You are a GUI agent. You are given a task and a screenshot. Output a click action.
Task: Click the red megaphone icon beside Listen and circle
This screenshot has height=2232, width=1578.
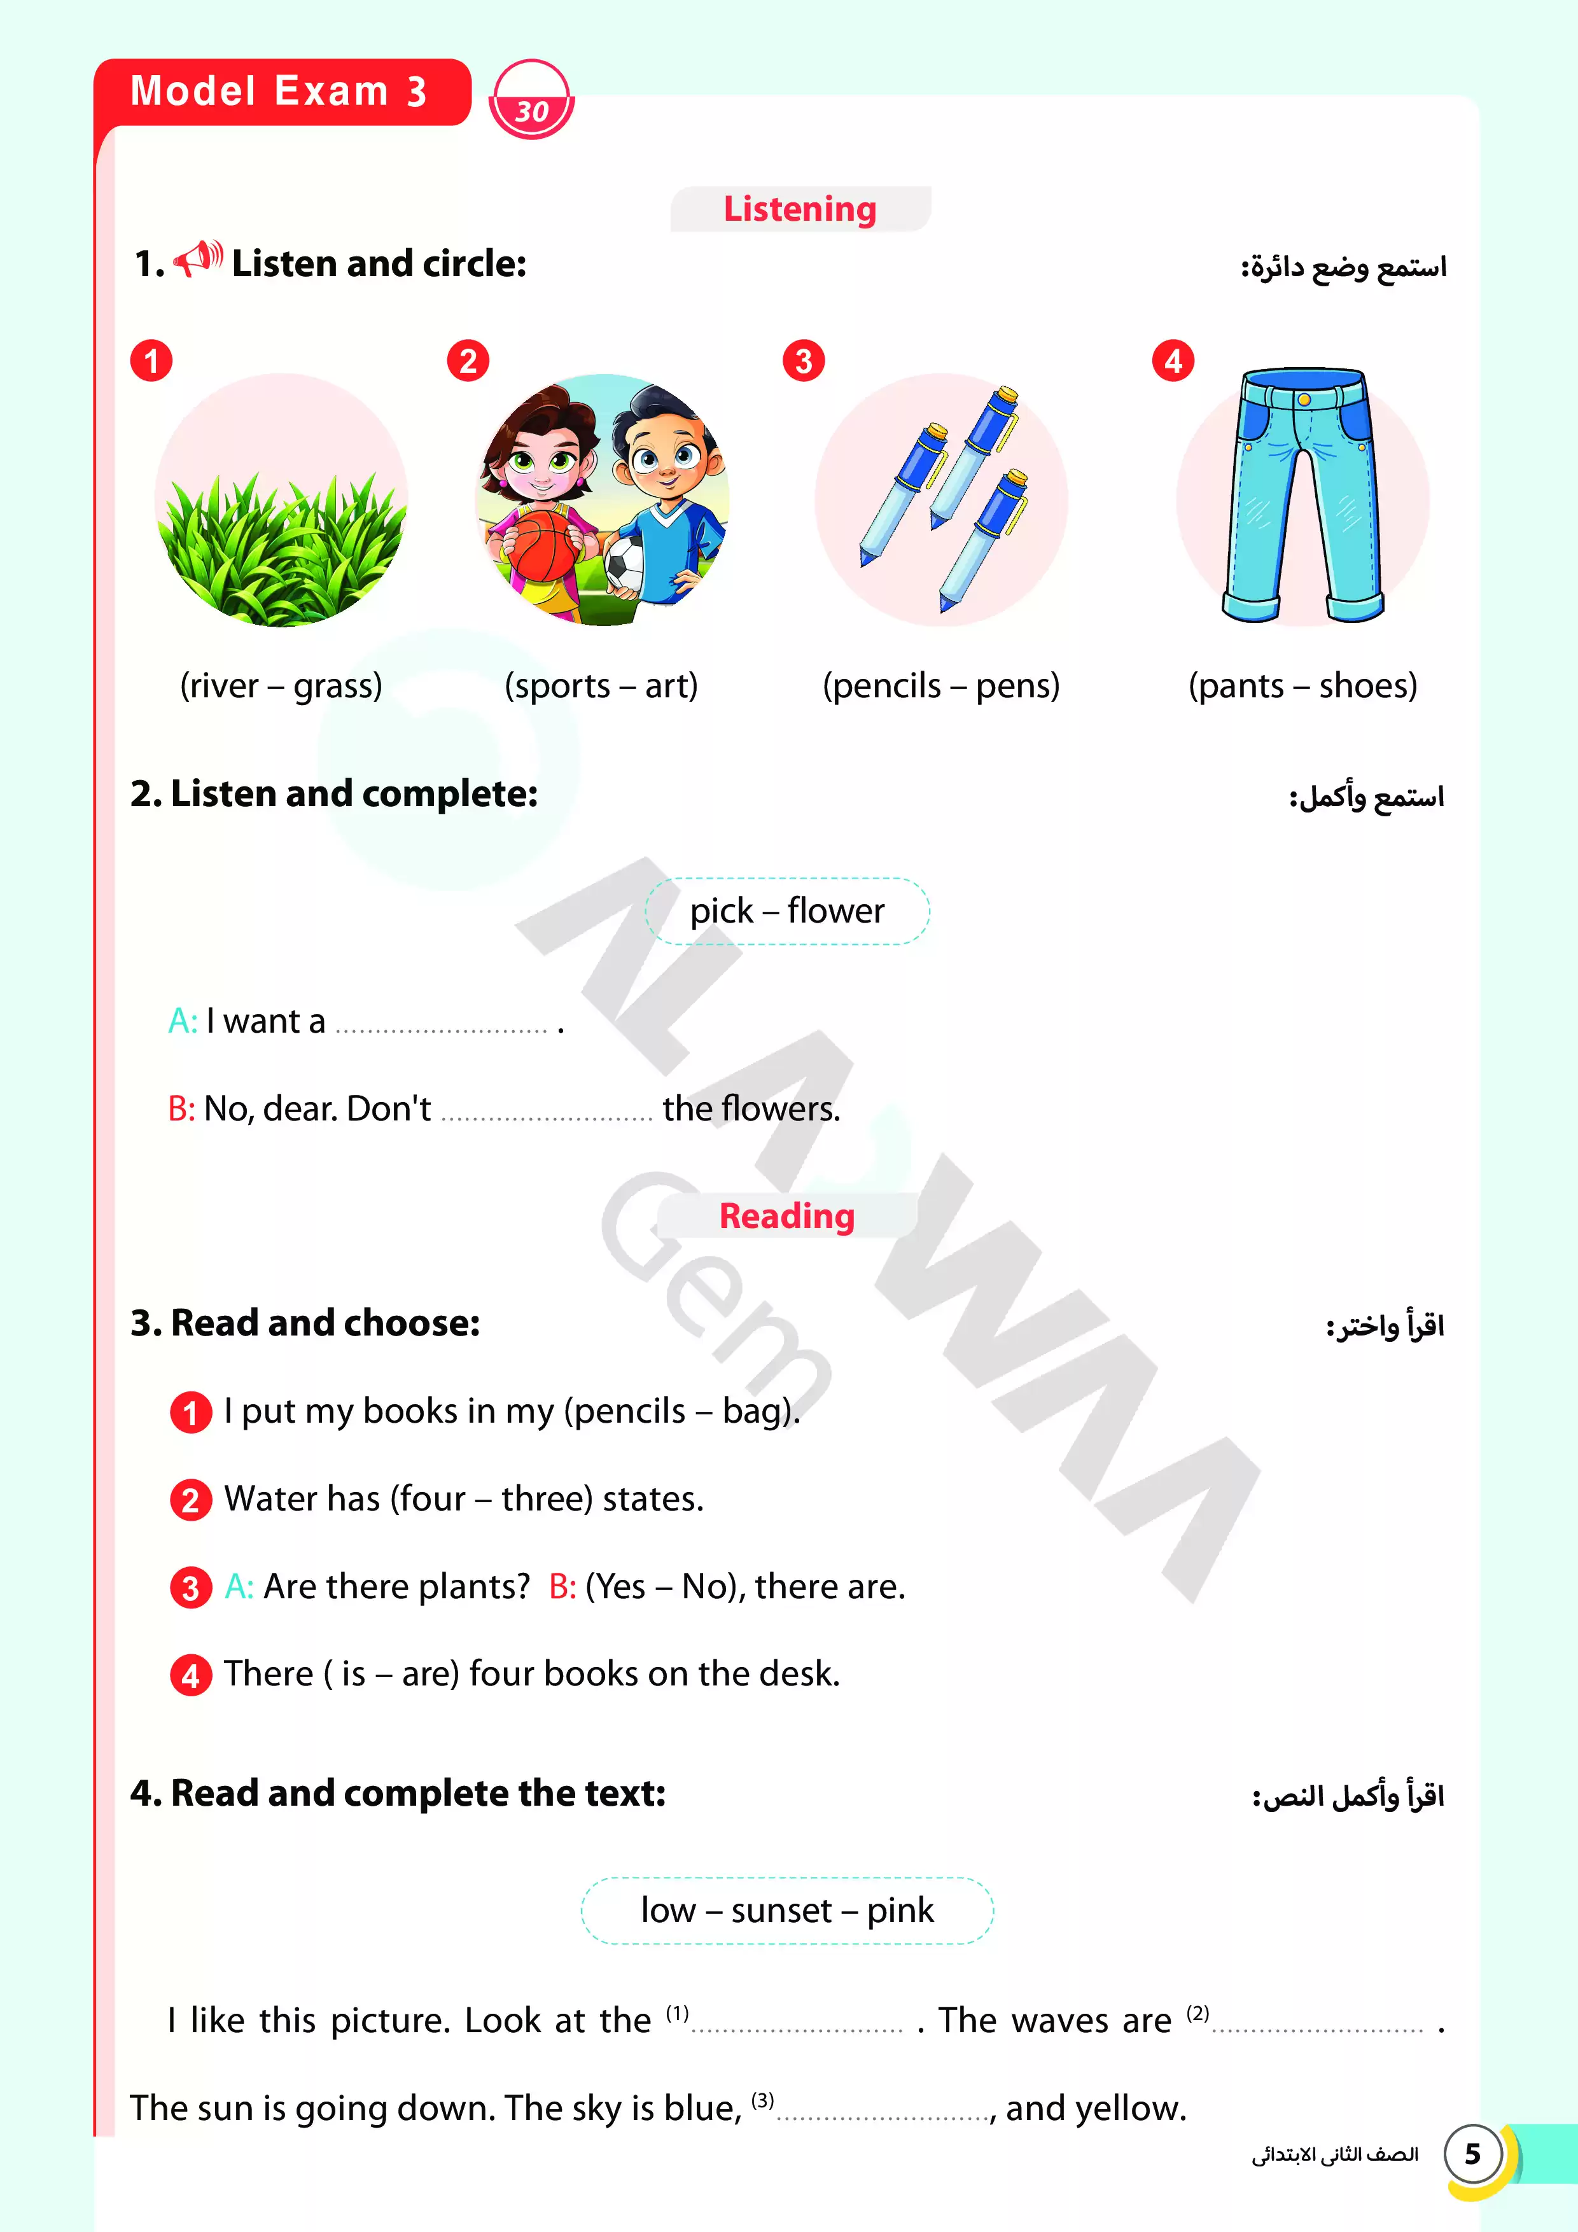(197, 260)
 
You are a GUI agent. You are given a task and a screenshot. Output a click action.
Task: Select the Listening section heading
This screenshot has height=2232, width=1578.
(799, 209)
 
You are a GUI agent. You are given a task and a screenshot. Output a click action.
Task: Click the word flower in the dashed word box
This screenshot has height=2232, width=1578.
(835, 911)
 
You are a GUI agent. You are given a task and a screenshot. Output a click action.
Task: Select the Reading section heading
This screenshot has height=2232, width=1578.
(786, 1216)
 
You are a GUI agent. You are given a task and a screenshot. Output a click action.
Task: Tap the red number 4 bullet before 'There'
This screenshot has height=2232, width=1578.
(190, 1675)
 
